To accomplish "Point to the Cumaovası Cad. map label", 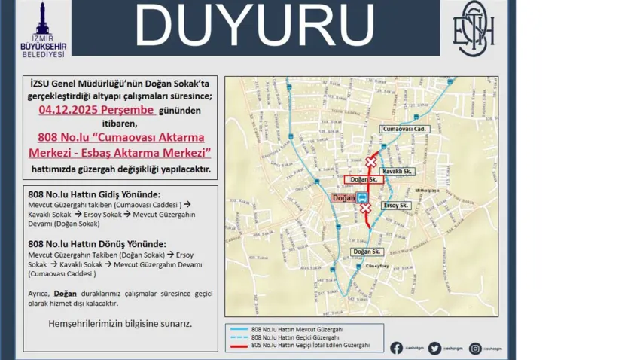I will click(x=404, y=129).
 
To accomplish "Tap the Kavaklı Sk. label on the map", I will click(x=398, y=172).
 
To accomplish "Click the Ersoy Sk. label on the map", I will click(x=395, y=205).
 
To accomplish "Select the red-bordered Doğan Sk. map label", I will click(x=363, y=179).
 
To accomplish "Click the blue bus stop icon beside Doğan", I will click(x=363, y=198).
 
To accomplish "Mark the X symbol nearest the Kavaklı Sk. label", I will click(x=370, y=162).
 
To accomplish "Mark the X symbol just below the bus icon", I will click(x=366, y=209).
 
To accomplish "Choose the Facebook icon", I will click(x=396, y=348).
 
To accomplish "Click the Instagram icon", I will click(x=475, y=348).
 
